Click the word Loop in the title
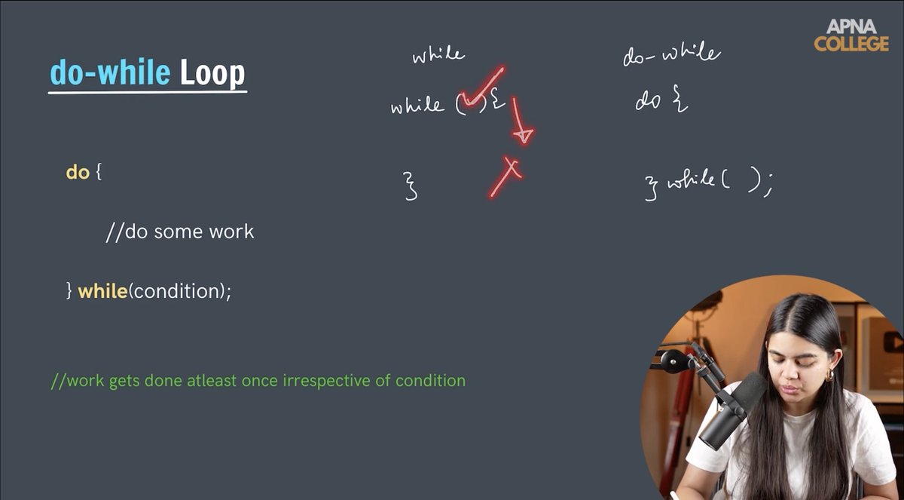point(212,74)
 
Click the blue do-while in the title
point(110,74)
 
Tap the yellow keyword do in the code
point(78,172)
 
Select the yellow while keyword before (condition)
point(102,291)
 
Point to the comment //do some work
point(180,232)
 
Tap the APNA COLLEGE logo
point(851,35)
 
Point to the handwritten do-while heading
point(671,54)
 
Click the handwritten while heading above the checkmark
point(438,55)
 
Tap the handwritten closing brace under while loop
point(411,186)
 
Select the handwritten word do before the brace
point(648,101)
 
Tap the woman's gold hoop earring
point(829,374)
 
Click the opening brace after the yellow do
point(98,173)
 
